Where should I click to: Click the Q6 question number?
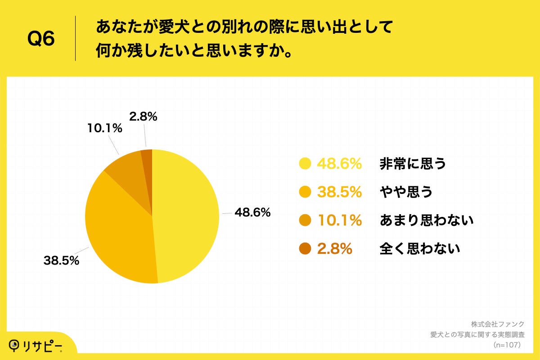click(x=41, y=39)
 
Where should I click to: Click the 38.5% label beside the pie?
click(x=61, y=260)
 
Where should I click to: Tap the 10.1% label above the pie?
click(x=105, y=129)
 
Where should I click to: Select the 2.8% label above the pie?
click(x=143, y=117)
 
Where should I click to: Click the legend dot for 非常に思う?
click(x=305, y=164)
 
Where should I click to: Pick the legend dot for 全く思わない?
click(x=305, y=248)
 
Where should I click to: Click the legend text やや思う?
click(x=406, y=192)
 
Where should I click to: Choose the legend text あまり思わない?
click(x=427, y=220)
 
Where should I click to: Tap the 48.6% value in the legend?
click(x=339, y=164)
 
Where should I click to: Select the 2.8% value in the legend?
click(x=334, y=248)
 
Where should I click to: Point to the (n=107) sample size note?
click(x=507, y=345)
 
